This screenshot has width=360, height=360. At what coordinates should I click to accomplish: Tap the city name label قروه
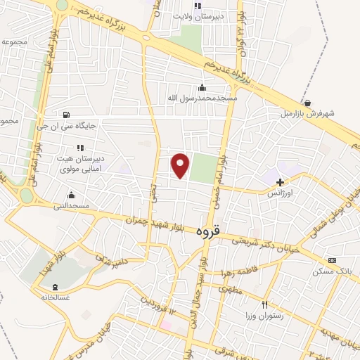[209, 230]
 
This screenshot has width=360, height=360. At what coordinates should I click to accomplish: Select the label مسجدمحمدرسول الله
[202, 98]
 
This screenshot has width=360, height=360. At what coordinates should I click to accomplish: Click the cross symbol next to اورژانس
[280, 182]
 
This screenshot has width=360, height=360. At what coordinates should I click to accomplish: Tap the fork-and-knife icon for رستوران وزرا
[264, 304]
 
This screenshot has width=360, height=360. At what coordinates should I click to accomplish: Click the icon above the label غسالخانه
[56, 287]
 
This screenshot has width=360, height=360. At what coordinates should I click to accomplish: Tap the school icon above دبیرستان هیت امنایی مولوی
[79, 148]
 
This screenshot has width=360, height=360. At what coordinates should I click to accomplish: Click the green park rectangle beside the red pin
[202, 168]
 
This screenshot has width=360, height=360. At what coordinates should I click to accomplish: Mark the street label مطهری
[230, 289]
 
